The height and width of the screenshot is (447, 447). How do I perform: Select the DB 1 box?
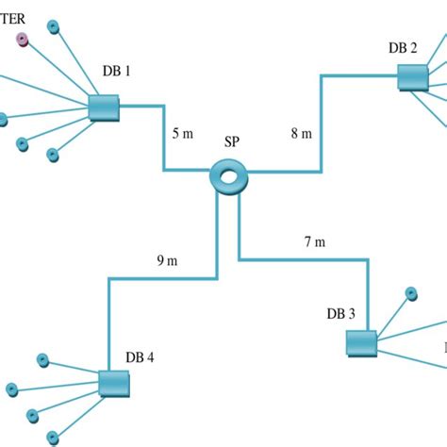pyautogui.click(x=103, y=108)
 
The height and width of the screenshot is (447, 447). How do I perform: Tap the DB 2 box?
pyautogui.click(x=412, y=76)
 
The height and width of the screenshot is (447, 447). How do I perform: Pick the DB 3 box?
pyautogui.click(x=361, y=343)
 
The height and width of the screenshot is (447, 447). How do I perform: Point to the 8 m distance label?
pyautogui.click(x=301, y=134)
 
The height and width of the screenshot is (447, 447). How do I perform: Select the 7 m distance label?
pyautogui.click(x=314, y=242)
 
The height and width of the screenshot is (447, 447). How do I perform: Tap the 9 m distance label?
pyautogui.click(x=167, y=261)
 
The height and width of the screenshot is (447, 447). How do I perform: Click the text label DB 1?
pyautogui.click(x=117, y=71)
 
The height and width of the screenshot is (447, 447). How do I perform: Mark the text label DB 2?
pyautogui.click(x=403, y=47)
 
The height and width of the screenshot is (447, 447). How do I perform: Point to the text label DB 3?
pyautogui.click(x=340, y=314)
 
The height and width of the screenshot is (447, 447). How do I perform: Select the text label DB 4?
pyautogui.click(x=140, y=357)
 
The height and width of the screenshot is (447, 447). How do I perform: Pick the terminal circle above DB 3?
pyautogui.click(x=411, y=292)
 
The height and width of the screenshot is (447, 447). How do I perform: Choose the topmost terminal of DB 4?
pyautogui.click(x=42, y=359)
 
